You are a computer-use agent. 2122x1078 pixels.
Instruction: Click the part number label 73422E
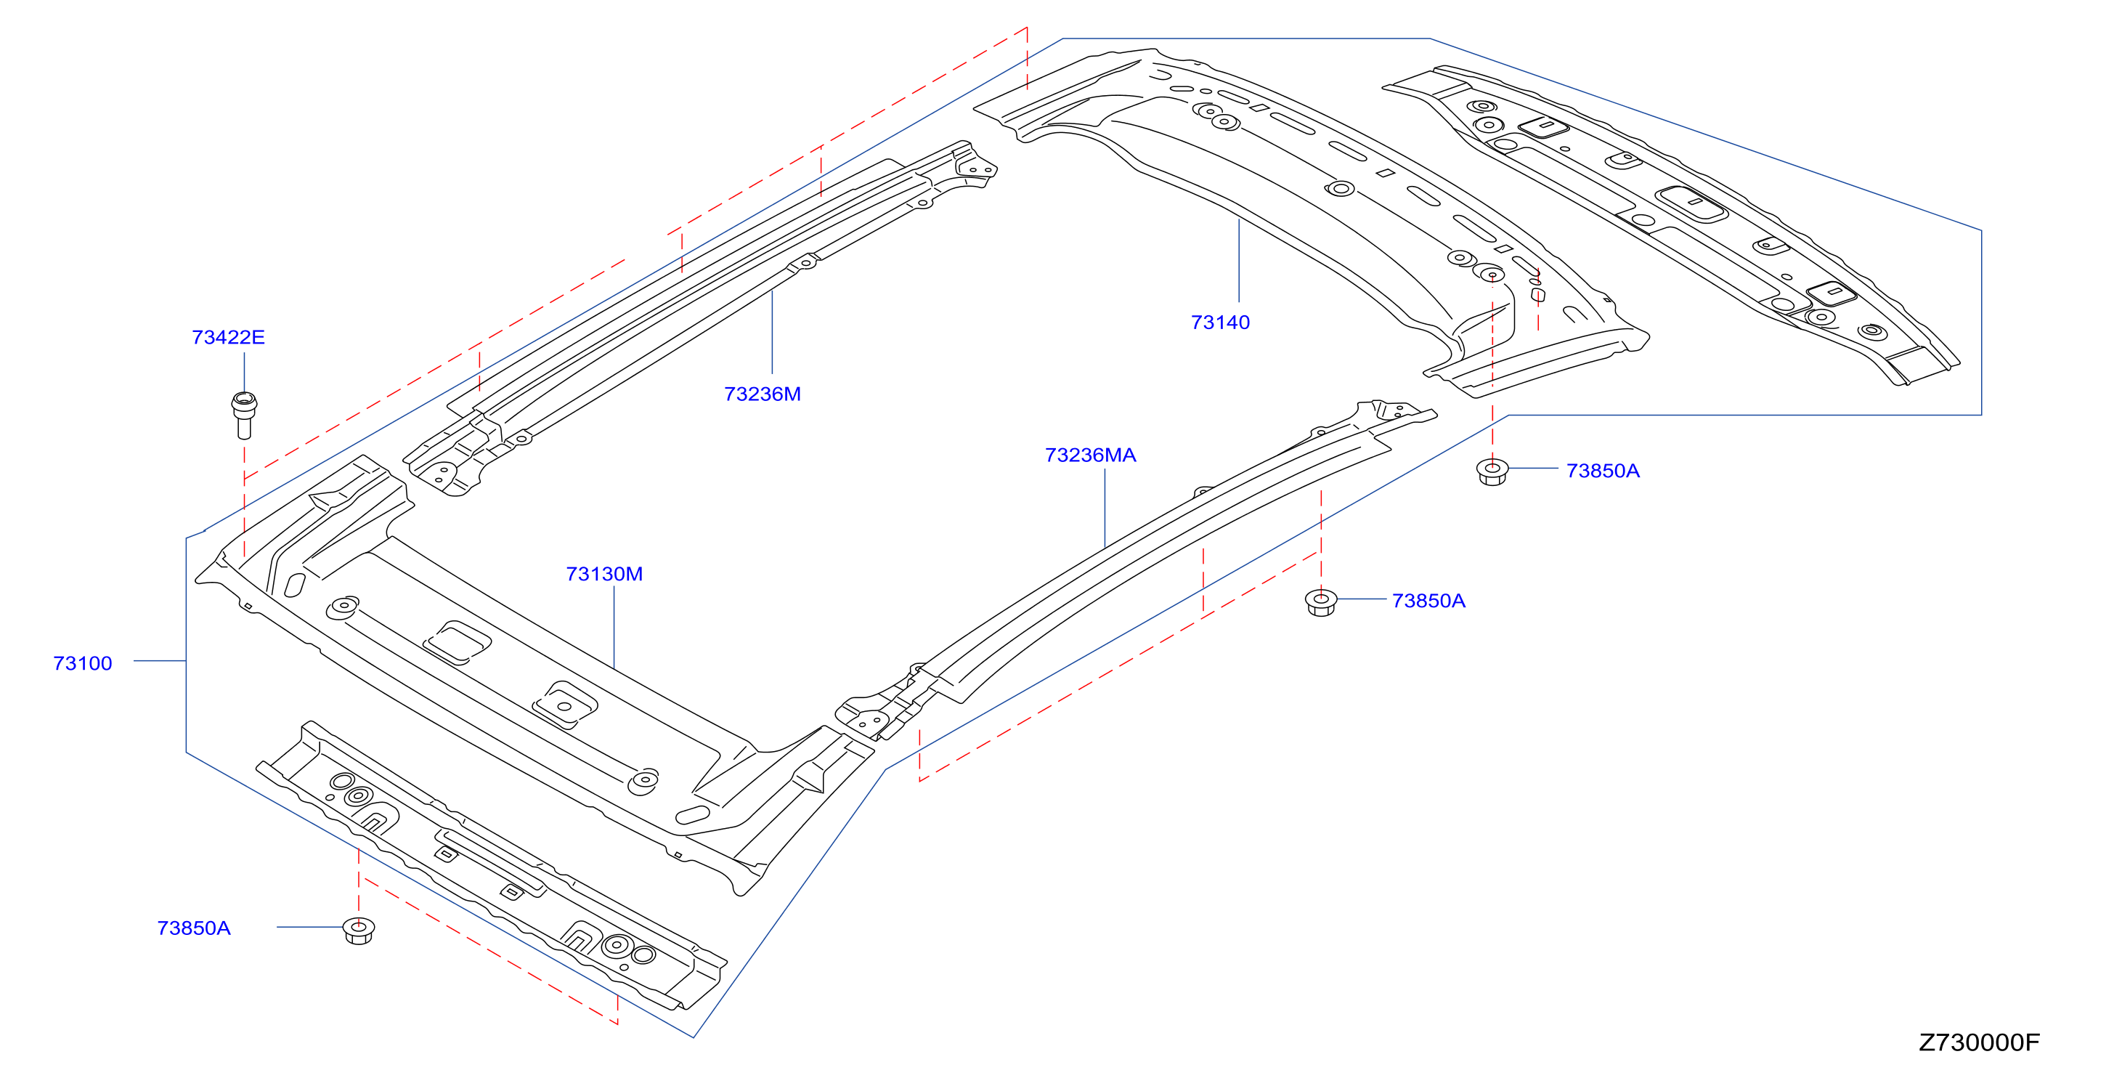228,337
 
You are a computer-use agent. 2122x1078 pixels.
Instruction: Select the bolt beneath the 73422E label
244,416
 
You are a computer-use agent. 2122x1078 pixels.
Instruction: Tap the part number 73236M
762,394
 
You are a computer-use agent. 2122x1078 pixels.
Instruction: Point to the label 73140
1220,323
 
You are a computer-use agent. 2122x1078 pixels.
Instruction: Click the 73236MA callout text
1090,455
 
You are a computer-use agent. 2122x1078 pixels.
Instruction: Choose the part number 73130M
603,574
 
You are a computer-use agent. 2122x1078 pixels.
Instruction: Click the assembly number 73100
82,663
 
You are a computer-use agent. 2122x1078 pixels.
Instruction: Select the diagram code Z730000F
1980,1042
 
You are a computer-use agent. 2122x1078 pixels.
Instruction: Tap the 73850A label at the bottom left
194,928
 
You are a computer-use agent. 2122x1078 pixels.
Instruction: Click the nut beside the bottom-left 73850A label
358,931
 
